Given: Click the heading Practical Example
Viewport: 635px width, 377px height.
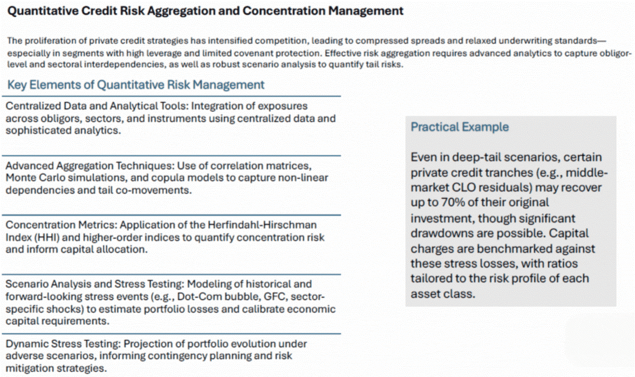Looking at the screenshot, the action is pyautogui.click(x=460, y=127).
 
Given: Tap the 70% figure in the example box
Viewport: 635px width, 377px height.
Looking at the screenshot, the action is pyautogui.click(x=453, y=202).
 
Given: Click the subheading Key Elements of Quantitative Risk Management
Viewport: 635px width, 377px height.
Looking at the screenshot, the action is pyautogui.click(x=135, y=85).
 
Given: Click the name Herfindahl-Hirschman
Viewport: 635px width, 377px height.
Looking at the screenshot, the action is pyautogui.click(x=262, y=225).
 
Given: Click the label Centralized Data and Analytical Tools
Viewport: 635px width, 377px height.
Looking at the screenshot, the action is pyautogui.click(x=96, y=106).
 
